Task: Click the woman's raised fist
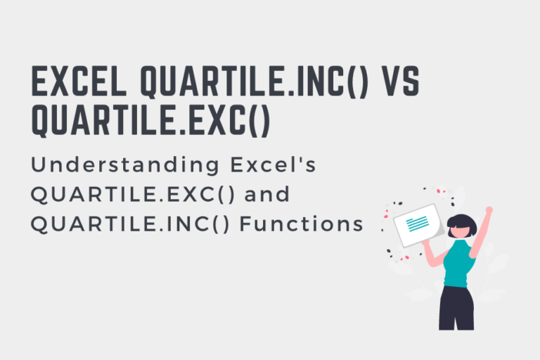click(x=489, y=210)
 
